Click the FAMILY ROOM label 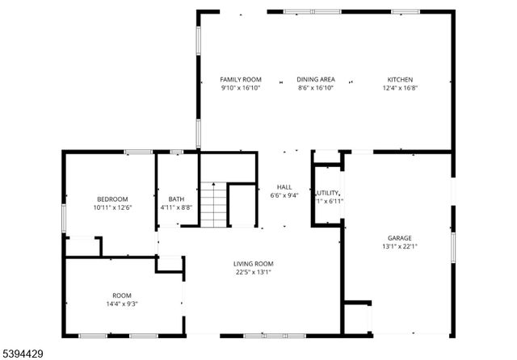(x=241, y=79)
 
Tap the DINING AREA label (x=315, y=79)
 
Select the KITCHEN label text (x=400, y=79)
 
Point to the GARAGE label (x=399, y=238)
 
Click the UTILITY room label (x=327, y=193)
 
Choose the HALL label (x=284, y=186)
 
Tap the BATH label (x=176, y=199)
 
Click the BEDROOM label (x=112, y=199)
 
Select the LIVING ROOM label (x=253, y=264)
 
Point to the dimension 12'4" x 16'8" (x=400, y=88)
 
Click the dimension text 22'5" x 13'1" (x=253, y=272)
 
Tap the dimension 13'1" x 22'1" (x=399, y=246)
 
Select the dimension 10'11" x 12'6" (x=112, y=207)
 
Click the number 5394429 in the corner (x=25, y=353)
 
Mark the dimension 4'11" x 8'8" (x=176, y=207)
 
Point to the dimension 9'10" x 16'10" (x=241, y=88)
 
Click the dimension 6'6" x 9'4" (x=284, y=195)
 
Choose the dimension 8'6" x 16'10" (x=315, y=88)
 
